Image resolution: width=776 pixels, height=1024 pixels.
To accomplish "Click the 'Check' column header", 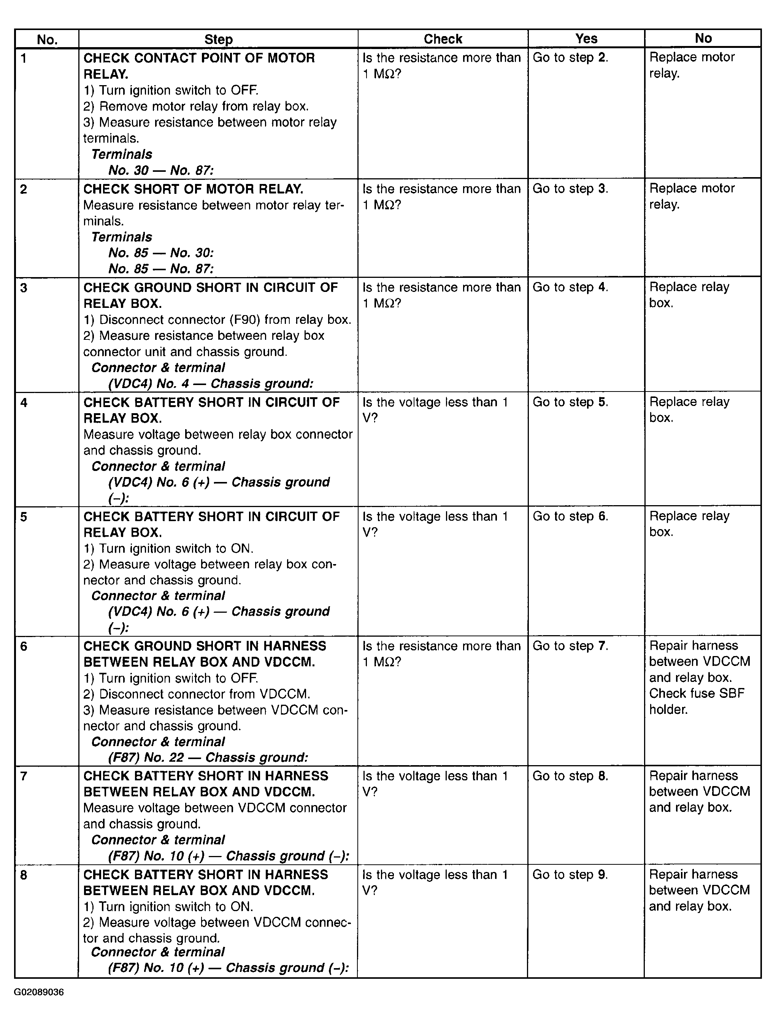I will pyautogui.click(x=443, y=39).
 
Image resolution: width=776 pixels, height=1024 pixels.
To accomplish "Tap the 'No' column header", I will pyautogui.click(x=703, y=38).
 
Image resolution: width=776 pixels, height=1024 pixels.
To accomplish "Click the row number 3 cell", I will pyautogui.click(x=24, y=288).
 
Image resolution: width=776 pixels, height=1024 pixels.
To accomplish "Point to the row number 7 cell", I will pyautogui.click(x=24, y=776).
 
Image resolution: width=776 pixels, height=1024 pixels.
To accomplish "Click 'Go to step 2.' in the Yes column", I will pyautogui.click(x=570, y=57).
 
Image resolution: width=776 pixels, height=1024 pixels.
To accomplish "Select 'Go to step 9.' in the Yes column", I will pyautogui.click(x=570, y=875).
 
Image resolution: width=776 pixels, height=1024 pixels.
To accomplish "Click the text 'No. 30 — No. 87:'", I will pyautogui.click(x=161, y=170).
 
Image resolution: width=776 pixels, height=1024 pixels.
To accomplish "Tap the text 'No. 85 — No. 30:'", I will pyautogui.click(x=161, y=253).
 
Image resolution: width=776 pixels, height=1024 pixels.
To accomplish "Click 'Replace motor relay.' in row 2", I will pyautogui.click(x=692, y=196).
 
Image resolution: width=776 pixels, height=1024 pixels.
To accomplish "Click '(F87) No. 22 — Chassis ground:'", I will pyautogui.click(x=208, y=758).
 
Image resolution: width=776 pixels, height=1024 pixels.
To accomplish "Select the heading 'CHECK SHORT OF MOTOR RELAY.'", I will pyautogui.click(x=193, y=189).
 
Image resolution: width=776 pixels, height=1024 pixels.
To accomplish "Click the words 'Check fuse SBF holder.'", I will pyautogui.click(x=697, y=701).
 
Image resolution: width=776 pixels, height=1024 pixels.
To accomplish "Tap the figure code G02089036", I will pyautogui.click(x=39, y=992).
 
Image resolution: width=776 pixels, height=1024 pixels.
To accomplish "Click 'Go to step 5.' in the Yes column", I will pyautogui.click(x=570, y=402).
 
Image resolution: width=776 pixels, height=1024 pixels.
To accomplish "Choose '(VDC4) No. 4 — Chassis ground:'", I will pyautogui.click(x=211, y=384).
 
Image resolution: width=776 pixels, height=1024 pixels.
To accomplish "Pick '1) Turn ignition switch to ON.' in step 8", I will pyautogui.click(x=168, y=907).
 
